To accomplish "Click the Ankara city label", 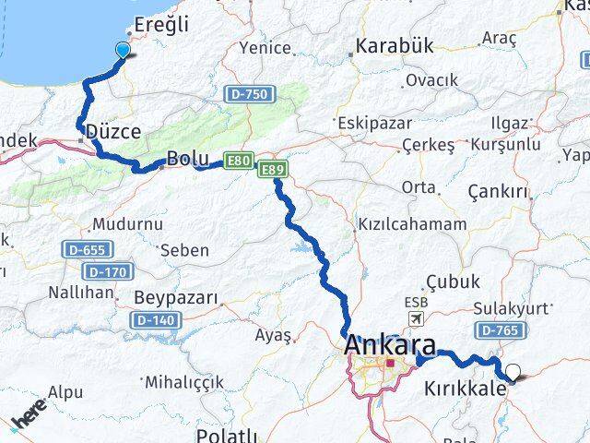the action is click(389, 346).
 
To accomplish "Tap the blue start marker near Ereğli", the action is click(123, 50).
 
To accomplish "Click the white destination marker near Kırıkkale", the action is click(513, 373).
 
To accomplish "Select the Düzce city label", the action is click(112, 133).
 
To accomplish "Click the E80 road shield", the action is click(240, 162).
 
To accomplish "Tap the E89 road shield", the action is click(272, 170).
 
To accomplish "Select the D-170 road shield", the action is click(104, 272).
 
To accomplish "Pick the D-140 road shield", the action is click(153, 320).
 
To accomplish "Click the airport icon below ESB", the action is click(416, 317).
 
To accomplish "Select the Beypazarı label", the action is click(175, 298).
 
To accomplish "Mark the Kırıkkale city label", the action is click(465, 389).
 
